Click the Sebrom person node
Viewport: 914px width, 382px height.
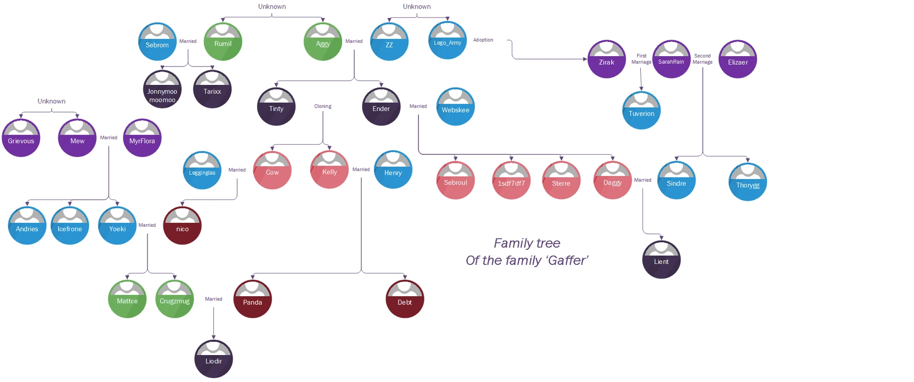tap(157, 42)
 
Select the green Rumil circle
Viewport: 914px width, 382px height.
tap(223, 42)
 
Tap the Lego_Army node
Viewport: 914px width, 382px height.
tap(447, 41)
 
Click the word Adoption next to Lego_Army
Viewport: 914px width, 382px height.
tap(483, 40)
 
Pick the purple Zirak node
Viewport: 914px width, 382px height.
tap(606, 59)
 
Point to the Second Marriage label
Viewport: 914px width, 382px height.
tap(702, 59)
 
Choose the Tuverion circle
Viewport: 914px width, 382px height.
tap(641, 111)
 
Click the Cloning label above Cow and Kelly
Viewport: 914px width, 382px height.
tap(323, 106)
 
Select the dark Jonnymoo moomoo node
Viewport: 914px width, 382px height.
tap(162, 90)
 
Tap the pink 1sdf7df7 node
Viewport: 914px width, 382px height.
tap(511, 181)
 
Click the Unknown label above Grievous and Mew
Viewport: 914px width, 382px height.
tap(51, 101)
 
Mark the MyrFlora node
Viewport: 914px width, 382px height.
tap(142, 138)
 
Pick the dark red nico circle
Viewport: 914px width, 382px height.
tap(182, 226)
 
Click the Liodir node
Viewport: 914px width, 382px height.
tap(213, 359)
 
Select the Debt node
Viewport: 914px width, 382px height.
tap(405, 299)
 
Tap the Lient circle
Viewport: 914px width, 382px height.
tap(661, 260)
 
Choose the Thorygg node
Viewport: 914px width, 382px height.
tap(748, 183)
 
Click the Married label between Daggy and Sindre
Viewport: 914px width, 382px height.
tap(643, 180)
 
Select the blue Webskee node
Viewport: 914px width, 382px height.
tap(456, 107)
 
